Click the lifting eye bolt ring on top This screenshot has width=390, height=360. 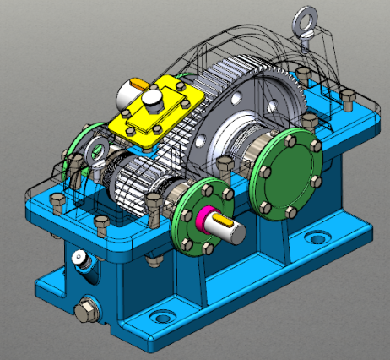click(303, 19)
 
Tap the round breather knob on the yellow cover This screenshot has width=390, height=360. click(151, 99)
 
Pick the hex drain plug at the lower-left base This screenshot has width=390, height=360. click(86, 310)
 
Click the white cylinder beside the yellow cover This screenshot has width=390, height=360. click(133, 87)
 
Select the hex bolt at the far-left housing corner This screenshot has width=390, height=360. click(57, 203)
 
